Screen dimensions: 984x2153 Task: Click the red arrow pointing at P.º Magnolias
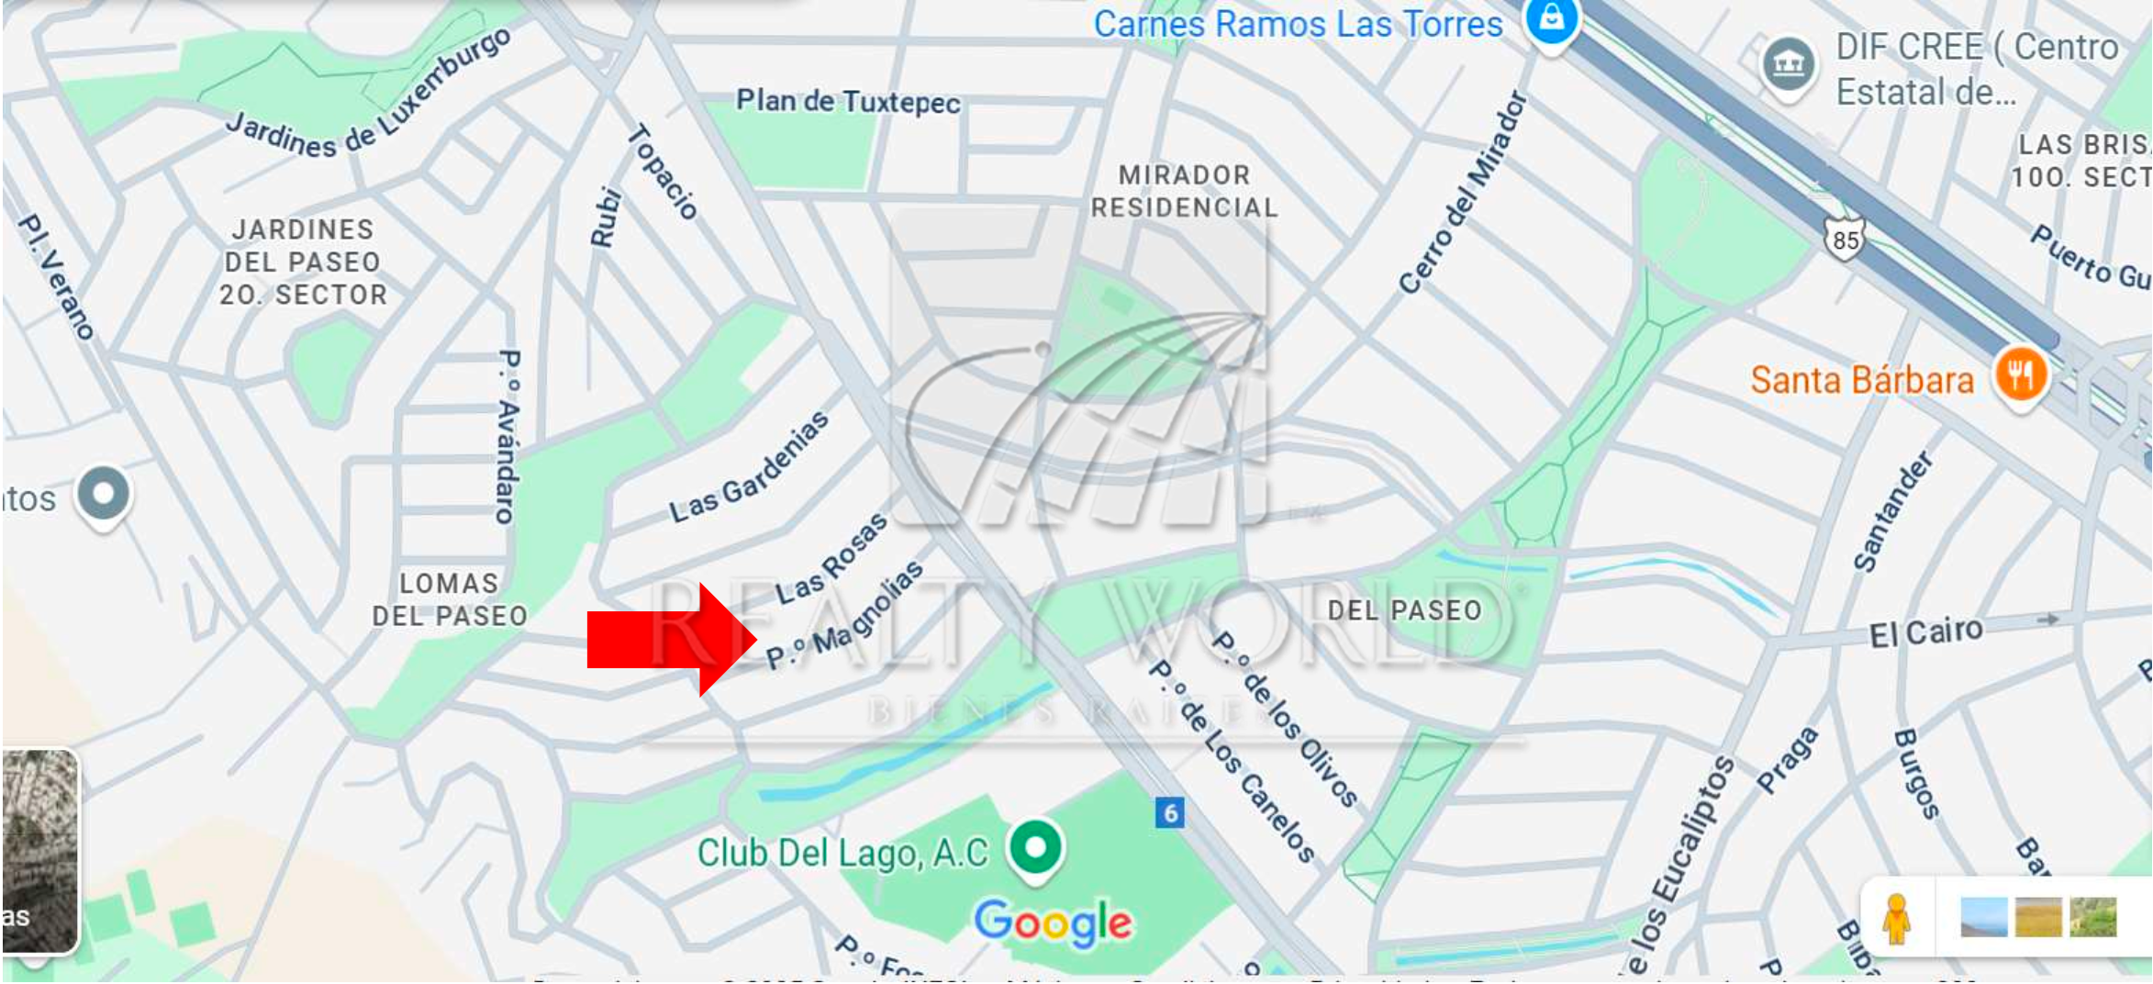pos(670,640)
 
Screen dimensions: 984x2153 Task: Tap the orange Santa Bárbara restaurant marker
pos(2020,375)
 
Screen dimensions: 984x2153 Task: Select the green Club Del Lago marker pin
pos(1036,846)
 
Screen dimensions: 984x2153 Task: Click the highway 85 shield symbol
pos(1845,240)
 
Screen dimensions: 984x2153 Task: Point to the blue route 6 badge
pos(1169,812)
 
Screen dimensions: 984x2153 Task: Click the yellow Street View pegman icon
pos(1896,918)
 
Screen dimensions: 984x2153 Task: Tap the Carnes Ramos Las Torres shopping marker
pos(1551,18)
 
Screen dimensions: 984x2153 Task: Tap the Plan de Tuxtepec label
pos(848,101)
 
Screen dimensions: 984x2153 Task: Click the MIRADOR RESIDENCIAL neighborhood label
pos(1184,191)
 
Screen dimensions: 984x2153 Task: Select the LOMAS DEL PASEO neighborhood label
pos(449,599)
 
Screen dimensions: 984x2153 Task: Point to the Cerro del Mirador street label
pos(1463,192)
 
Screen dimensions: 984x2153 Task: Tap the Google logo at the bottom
pos(1053,922)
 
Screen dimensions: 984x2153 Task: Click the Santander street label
pos(1893,511)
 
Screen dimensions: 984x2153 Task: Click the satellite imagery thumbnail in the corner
pos(39,850)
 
